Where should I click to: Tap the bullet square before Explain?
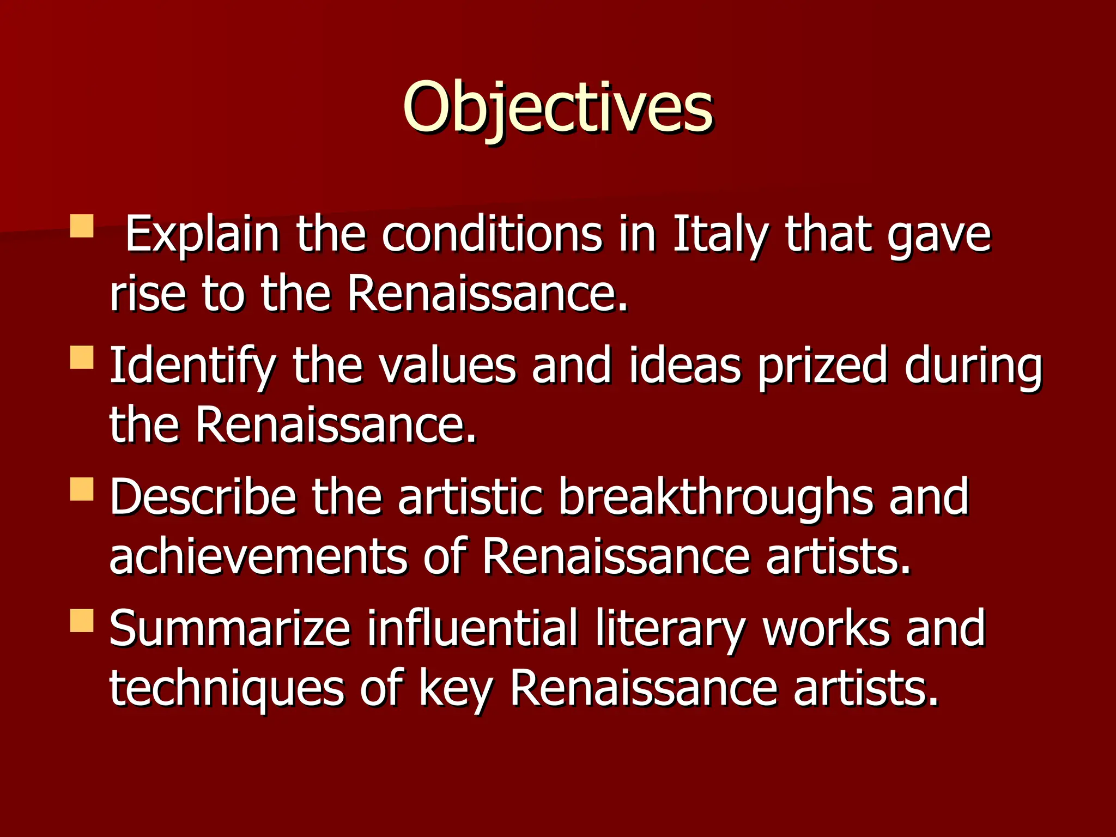pos(82,226)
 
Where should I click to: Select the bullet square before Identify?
pos(82,357)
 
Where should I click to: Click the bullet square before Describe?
pos(82,489)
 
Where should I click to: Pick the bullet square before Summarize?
pos(82,621)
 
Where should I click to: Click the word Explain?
pos(202,235)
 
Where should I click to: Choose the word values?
pos(447,366)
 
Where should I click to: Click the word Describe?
pos(203,498)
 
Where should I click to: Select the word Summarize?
pos(229,629)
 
